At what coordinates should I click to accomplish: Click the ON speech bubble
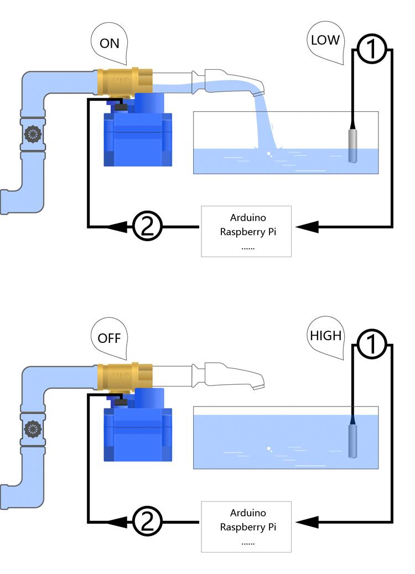(110, 43)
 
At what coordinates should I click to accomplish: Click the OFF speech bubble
(110, 337)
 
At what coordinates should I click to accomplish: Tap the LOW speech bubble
(326, 40)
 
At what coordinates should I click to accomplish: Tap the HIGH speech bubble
(326, 335)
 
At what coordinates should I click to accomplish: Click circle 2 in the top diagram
(147, 226)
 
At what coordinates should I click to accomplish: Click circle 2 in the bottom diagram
(147, 521)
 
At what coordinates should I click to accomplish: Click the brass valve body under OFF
(123, 376)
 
